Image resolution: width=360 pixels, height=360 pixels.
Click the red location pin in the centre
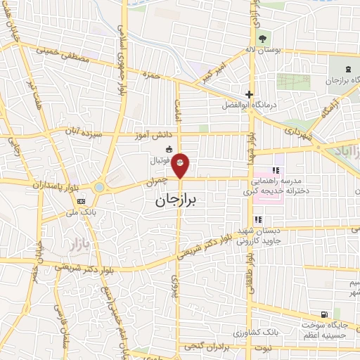point(181,165)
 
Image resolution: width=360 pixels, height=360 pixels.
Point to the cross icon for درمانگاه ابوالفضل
point(248,94)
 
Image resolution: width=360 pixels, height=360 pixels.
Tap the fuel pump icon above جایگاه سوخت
point(323,314)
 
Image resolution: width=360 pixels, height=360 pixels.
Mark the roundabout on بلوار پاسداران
point(99,187)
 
